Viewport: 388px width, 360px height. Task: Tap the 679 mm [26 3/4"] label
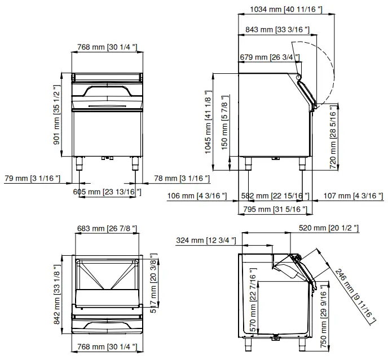[270, 57]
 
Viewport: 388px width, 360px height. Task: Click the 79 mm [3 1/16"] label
[32, 179]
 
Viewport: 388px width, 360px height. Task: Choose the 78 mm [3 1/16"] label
[182, 179]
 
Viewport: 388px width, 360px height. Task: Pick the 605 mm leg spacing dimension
[107, 192]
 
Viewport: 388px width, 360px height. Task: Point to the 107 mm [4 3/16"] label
[354, 195]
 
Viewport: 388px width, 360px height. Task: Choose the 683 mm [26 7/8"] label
[108, 228]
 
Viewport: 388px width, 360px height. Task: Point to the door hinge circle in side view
[299, 77]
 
